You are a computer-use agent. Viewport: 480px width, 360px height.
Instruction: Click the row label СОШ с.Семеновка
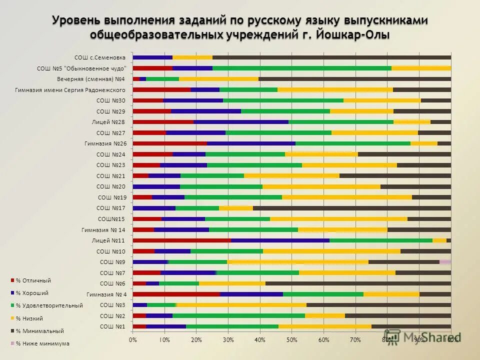coord(100,57)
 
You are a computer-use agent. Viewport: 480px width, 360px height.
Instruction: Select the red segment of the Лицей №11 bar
coord(181,240)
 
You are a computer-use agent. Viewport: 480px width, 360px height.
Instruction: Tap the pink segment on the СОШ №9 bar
coord(445,262)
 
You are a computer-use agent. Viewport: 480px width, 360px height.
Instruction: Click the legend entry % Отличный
coord(33,280)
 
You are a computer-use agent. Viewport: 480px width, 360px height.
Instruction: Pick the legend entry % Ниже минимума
coord(42,343)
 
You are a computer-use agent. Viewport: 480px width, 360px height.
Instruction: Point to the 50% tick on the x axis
coord(291,340)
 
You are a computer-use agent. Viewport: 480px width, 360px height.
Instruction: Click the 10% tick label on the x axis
coord(164,340)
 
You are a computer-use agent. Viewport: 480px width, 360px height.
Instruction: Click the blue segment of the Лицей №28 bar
coord(240,122)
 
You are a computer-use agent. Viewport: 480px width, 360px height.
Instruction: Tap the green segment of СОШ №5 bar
coord(301,68)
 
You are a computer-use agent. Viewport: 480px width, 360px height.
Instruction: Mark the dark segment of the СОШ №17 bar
coord(351,208)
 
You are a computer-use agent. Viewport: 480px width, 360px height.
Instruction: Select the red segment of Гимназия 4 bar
coord(176,294)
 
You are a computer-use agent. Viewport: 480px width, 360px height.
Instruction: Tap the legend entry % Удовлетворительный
coord(49,305)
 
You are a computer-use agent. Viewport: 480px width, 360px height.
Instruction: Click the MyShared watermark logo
coord(422,337)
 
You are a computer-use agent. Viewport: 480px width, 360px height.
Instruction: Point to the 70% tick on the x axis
coord(355,340)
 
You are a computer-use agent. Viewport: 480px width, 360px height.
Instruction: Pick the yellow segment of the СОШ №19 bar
coord(346,197)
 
